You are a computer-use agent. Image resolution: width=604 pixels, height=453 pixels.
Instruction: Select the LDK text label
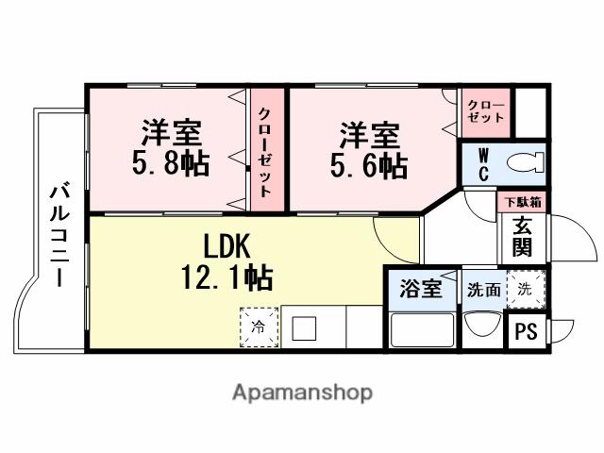pos(226,247)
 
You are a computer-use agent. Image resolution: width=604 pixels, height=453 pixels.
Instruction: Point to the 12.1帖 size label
pos(226,277)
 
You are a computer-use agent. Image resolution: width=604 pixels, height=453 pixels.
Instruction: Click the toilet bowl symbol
pos(524,163)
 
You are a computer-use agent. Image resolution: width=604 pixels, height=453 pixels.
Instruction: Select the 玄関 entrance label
pos(522,237)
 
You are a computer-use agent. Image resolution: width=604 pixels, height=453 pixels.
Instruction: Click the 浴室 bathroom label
pos(421,289)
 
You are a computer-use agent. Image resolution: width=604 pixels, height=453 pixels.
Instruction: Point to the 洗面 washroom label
pos(483,290)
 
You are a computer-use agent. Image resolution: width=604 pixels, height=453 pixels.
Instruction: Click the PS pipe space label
pos(526,331)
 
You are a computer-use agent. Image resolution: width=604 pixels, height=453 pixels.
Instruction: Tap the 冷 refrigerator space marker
pos(258,328)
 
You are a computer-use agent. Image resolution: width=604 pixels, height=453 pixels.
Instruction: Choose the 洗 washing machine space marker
pos(524,290)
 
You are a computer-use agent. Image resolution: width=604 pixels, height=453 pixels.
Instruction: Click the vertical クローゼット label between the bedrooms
pos(265,149)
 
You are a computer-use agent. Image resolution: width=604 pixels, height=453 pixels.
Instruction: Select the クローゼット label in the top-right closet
pos(485,111)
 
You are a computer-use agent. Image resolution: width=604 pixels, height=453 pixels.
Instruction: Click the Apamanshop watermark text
pos(302,393)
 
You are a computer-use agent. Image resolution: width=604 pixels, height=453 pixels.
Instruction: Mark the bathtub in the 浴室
pos(421,330)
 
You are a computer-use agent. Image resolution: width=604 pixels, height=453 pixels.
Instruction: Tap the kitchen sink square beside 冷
pos(303,329)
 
